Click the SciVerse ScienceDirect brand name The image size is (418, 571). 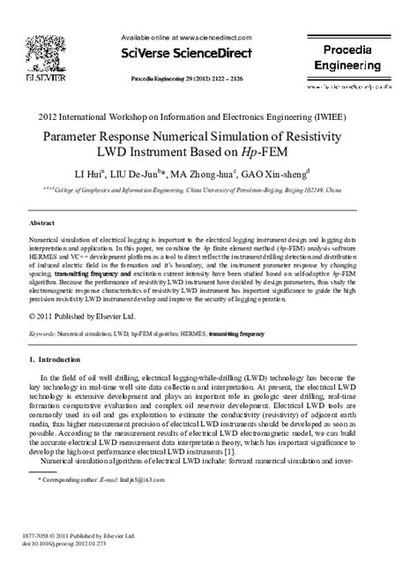click(196, 55)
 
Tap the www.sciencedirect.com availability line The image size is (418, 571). click(195, 38)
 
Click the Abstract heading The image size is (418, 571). click(43, 224)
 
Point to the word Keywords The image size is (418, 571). click(43, 335)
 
